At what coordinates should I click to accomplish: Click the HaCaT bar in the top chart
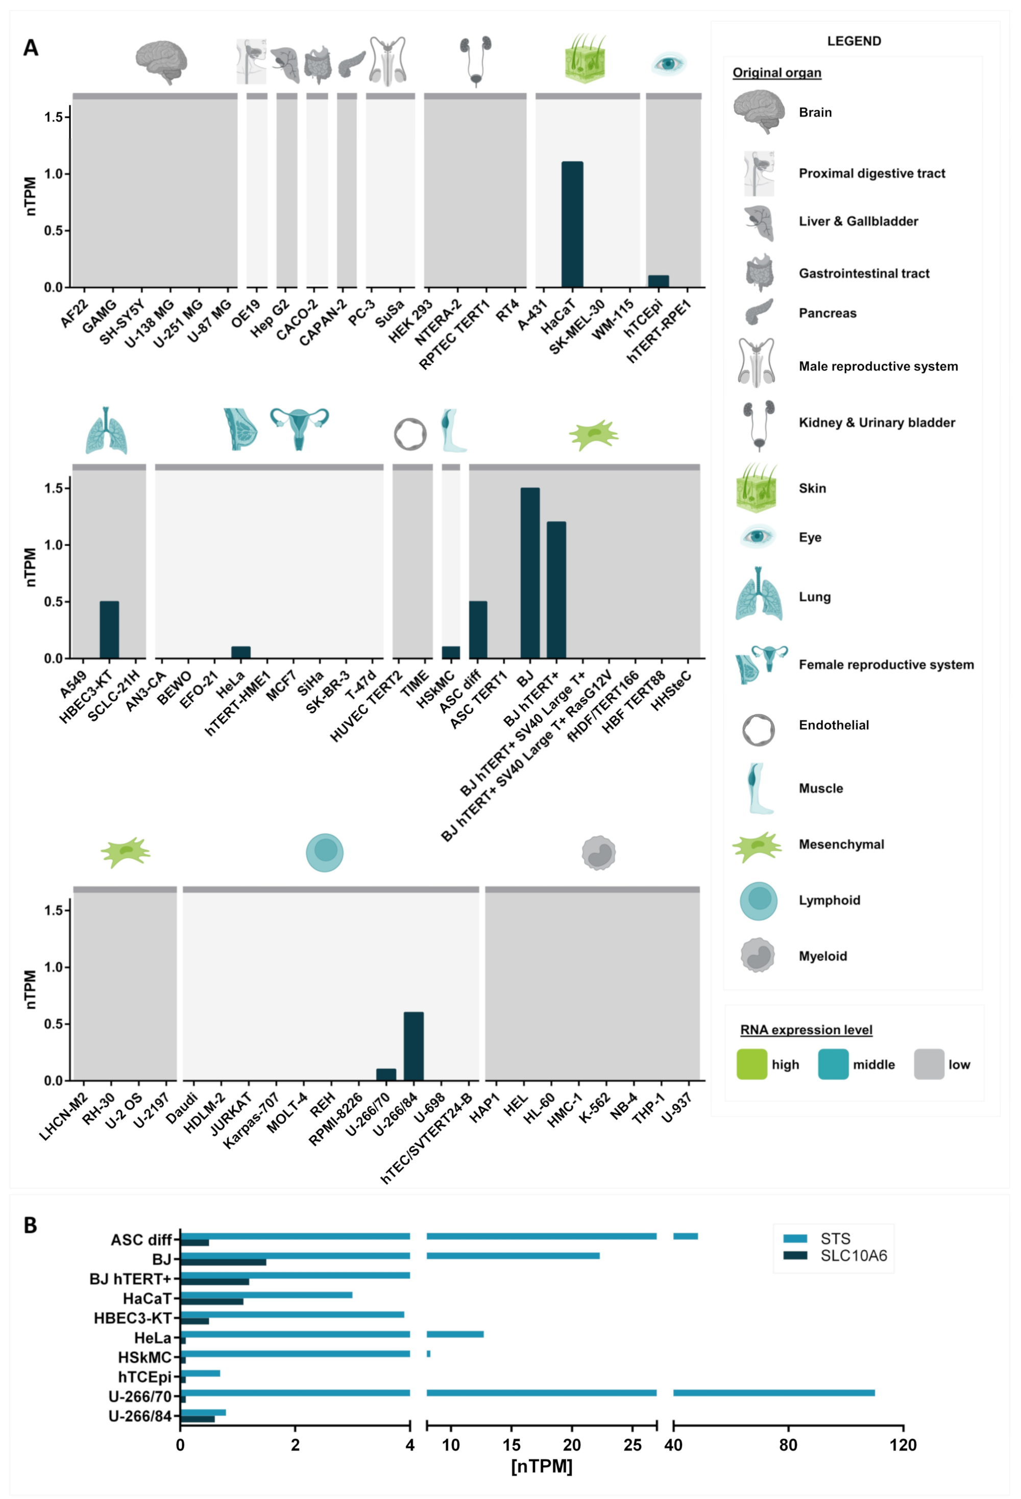click(572, 224)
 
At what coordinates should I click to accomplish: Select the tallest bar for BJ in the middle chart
click(530, 573)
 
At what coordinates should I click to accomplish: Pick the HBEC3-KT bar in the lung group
click(109, 630)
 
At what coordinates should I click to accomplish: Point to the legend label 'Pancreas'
click(828, 313)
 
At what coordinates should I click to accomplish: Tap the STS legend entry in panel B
click(835, 1238)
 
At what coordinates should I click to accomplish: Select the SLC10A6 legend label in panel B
click(853, 1255)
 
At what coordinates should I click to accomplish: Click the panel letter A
click(30, 48)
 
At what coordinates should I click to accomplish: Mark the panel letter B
click(30, 1225)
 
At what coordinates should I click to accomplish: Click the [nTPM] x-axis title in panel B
click(542, 1466)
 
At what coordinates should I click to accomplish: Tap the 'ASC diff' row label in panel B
click(141, 1240)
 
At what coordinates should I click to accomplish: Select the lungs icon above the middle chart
click(107, 430)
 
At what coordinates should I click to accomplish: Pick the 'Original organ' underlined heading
click(776, 73)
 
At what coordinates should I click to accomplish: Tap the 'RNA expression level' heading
click(806, 1030)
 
